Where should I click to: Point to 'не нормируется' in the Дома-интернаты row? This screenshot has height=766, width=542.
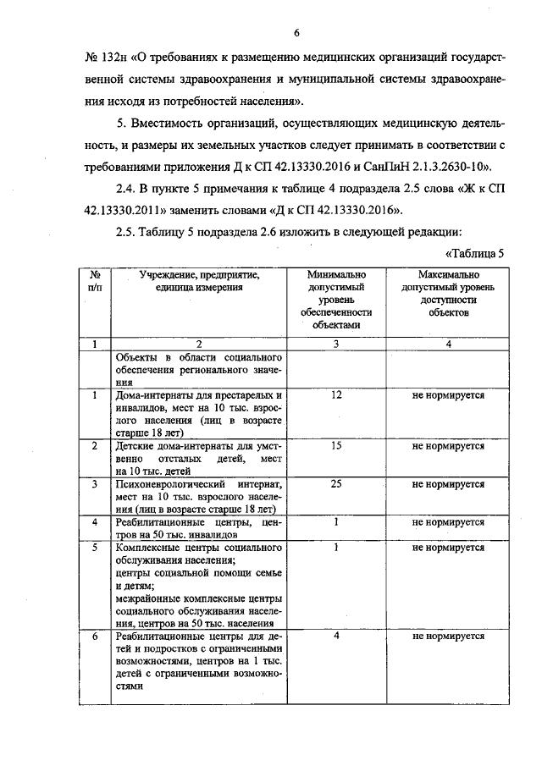click(x=448, y=395)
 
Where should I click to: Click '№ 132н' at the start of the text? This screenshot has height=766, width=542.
click(x=107, y=58)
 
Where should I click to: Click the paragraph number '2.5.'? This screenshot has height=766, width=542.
click(x=125, y=232)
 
